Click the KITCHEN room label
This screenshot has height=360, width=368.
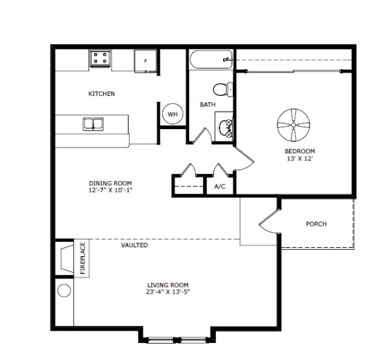tap(101, 93)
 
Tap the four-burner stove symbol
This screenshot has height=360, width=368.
tap(100, 58)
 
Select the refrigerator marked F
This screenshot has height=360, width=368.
tap(146, 61)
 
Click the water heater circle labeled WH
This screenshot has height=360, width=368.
tap(173, 114)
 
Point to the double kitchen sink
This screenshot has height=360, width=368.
tap(93, 124)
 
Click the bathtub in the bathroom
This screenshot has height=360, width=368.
tap(211, 59)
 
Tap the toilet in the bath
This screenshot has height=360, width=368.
tap(223, 89)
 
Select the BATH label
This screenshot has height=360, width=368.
tap(207, 104)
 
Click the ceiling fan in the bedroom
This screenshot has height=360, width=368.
tap(294, 125)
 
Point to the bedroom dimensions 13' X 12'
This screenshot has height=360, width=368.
tap(300, 158)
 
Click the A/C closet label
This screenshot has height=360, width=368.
tap(220, 187)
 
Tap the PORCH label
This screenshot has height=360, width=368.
tap(316, 224)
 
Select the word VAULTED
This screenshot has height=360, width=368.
tap(134, 245)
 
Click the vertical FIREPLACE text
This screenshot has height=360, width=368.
tap(83, 258)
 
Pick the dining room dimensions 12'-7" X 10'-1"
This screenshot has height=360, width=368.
tap(110, 190)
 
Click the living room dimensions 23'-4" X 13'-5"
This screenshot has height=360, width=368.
tap(168, 292)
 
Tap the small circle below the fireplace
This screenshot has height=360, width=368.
tap(64, 291)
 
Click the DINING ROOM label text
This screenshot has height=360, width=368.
tap(110, 183)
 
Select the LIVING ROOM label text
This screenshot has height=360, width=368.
tap(168, 285)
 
